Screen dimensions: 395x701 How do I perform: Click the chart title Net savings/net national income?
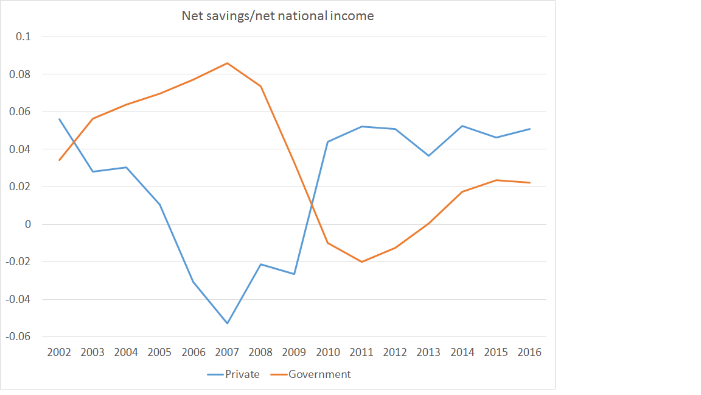tap(277, 16)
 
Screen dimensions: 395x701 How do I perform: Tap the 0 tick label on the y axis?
tap(27, 224)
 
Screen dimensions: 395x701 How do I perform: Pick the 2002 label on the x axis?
tap(59, 352)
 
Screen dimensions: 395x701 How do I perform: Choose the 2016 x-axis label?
tap(529, 352)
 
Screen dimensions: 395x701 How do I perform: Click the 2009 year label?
tap(294, 352)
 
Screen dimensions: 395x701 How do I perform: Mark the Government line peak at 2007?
tap(227, 63)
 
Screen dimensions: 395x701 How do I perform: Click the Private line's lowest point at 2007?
tap(227, 323)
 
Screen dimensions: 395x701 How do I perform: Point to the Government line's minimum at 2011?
tap(361, 262)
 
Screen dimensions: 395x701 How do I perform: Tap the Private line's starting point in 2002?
tap(59, 119)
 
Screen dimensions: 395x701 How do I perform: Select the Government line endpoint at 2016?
tap(529, 183)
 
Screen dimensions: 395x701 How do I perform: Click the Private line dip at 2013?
tap(428, 155)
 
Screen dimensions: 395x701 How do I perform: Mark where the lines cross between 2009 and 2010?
tap(312, 203)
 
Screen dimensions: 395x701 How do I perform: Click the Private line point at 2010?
tap(328, 141)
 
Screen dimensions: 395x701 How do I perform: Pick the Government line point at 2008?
tap(260, 86)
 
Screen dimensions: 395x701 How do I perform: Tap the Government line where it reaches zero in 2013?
tap(428, 223)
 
